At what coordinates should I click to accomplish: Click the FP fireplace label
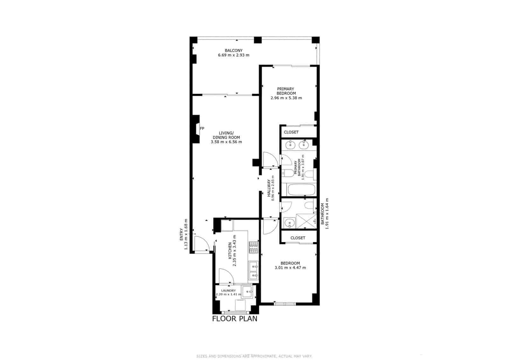pos(202,129)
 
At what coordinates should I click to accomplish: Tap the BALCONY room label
pos(234,50)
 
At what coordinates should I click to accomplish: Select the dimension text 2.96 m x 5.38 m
pos(286,98)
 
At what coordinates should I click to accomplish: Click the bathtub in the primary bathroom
pos(301,190)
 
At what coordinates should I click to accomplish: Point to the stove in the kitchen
pos(254,247)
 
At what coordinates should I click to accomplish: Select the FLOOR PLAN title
pos(235,319)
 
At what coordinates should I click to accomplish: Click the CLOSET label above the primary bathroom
pos(291,132)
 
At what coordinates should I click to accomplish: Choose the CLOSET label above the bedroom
pos(298,238)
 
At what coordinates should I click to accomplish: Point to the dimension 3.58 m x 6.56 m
pos(226,142)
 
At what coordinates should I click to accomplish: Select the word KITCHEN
pos(230,251)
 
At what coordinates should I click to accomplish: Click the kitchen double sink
pos(254,271)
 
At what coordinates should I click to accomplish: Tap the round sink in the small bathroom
pos(289,223)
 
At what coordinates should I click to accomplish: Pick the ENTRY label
pos(181,234)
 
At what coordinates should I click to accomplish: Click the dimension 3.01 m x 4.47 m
pos(290,268)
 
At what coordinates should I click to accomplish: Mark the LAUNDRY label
pos(228,291)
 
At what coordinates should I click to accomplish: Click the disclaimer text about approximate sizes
pos(254,356)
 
